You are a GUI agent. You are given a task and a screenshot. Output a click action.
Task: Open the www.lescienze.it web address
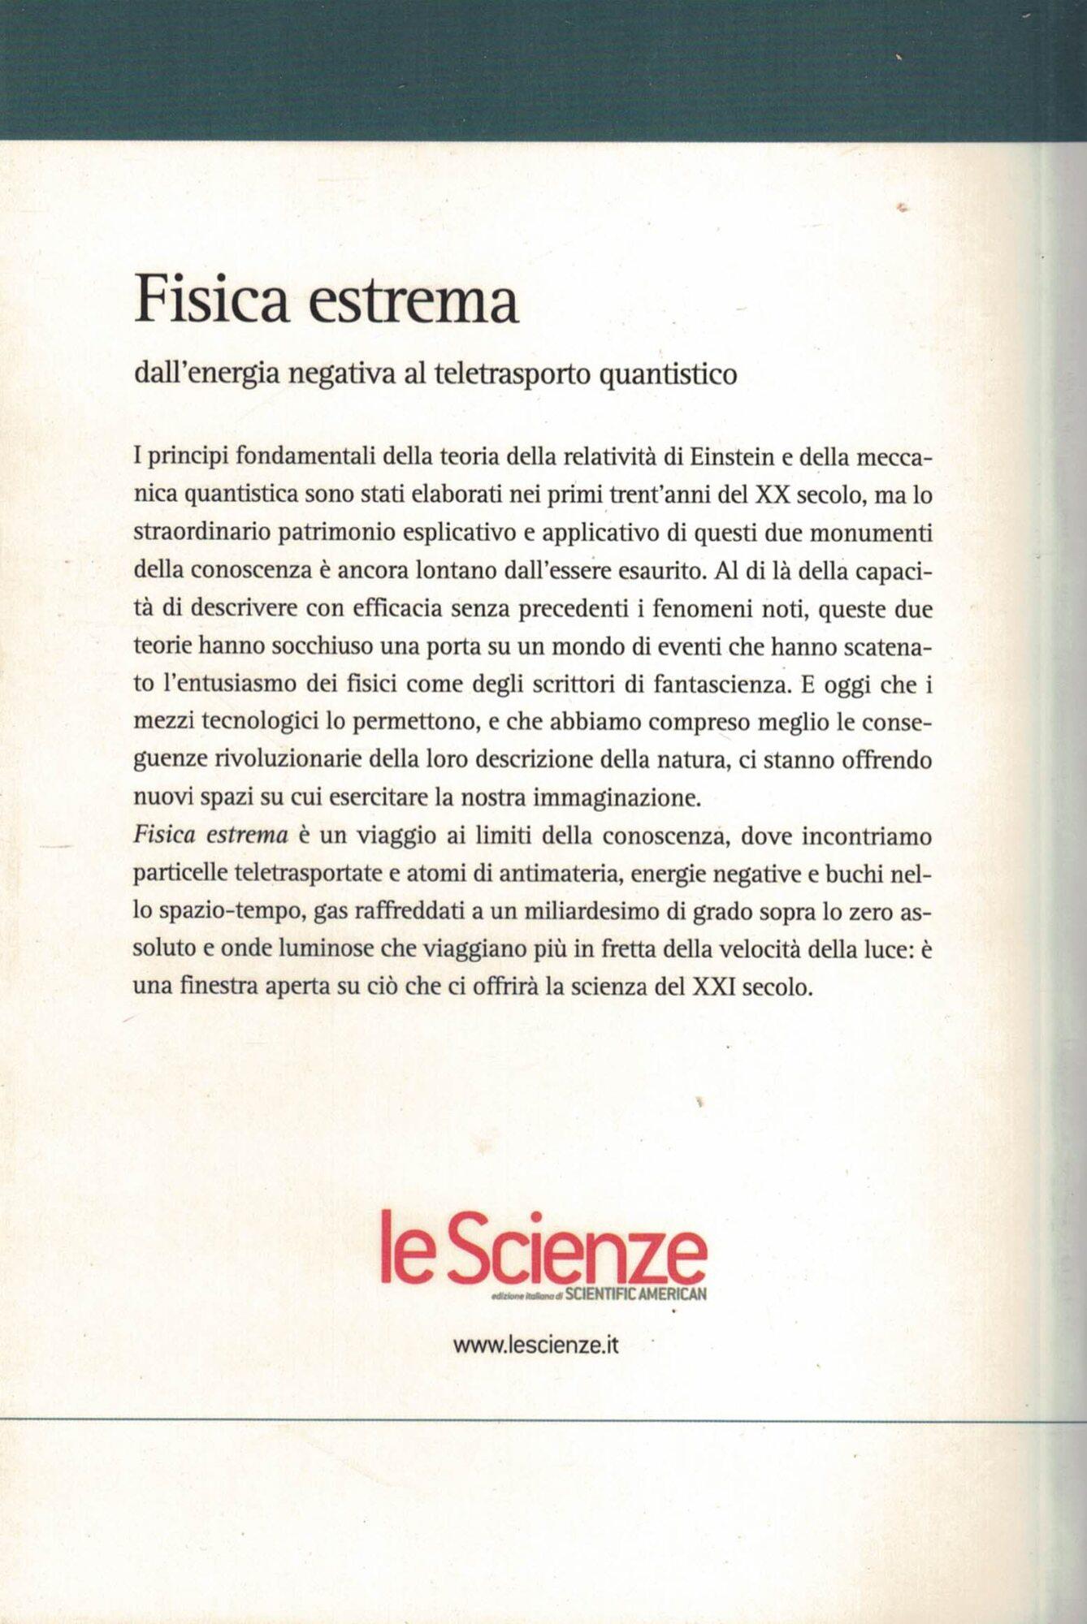click(536, 1345)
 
